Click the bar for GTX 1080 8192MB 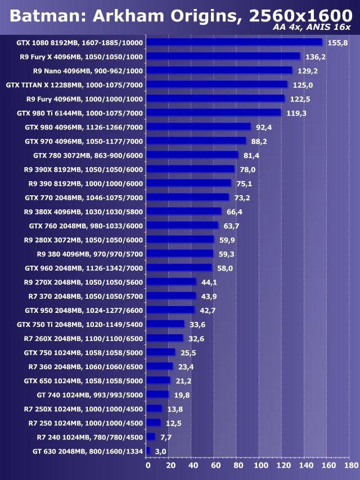[234, 42]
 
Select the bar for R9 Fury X [223, 56]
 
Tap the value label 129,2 [308, 71]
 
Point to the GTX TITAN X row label [74, 85]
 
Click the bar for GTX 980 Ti [213, 113]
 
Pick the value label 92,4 [264, 127]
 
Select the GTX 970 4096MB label [84, 141]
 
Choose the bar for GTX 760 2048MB [182, 225]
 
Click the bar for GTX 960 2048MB [179, 267]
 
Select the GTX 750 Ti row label [80, 324]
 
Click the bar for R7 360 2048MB [159, 366]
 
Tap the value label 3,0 [161, 451]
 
